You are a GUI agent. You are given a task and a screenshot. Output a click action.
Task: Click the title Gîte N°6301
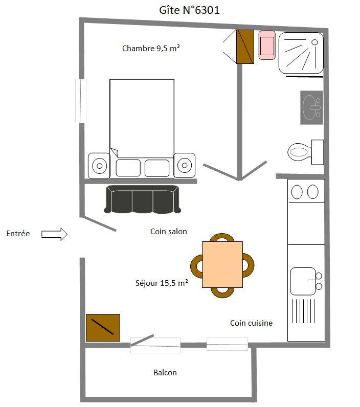(189, 10)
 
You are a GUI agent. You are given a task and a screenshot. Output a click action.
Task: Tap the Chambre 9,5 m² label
(151, 48)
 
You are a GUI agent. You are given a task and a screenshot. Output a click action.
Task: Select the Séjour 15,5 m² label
(162, 283)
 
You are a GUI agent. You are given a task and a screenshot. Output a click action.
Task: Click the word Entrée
(18, 233)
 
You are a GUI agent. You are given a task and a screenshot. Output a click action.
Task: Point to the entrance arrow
(55, 234)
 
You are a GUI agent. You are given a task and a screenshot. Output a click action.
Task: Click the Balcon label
(165, 372)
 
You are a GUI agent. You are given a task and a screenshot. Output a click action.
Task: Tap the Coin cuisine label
(251, 323)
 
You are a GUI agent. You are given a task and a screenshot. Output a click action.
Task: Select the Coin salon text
(169, 231)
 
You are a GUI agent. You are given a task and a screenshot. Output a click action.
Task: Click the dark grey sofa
(142, 199)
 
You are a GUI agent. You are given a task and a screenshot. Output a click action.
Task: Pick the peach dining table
(222, 264)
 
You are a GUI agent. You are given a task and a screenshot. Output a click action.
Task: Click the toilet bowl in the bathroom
(299, 151)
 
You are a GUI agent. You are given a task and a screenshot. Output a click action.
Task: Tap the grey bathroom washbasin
(311, 107)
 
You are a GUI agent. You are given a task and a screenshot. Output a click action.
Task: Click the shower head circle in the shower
(314, 42)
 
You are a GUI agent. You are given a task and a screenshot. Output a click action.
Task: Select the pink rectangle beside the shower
(267, 45)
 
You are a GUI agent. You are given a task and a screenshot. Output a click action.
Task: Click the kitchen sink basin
(303, 281)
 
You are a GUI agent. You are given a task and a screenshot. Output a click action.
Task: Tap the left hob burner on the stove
(297, 192)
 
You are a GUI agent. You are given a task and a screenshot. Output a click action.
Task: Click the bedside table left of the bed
(99, 166)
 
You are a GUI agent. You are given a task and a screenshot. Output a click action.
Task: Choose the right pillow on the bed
(157, 168)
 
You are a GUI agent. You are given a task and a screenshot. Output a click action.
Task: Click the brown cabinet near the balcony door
(103, 328)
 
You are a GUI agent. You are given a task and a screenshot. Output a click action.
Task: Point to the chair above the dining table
(222, 237)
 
